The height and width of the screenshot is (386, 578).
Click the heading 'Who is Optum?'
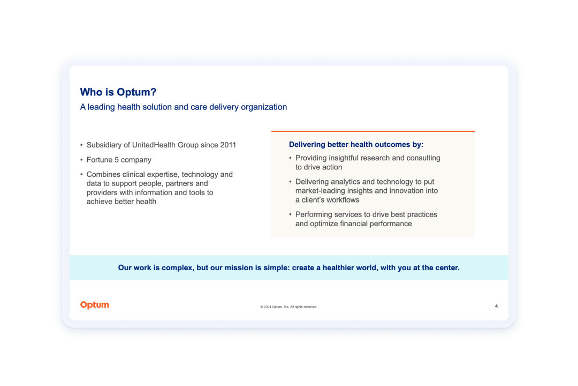click(118, 92)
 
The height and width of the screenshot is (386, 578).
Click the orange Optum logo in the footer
click(95, 305)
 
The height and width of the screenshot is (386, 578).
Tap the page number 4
click(496, 306)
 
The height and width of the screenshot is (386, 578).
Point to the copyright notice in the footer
click(288, 307)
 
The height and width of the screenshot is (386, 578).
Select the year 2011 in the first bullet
click(228, 145)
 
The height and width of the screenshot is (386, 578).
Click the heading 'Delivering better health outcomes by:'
click(356, 144)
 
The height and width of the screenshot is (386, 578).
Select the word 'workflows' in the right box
click(342, 200)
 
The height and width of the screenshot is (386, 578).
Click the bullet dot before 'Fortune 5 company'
click(81, 160)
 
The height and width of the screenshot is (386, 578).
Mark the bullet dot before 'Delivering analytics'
click(290, 182)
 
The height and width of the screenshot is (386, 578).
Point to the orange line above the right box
click(373, 131)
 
